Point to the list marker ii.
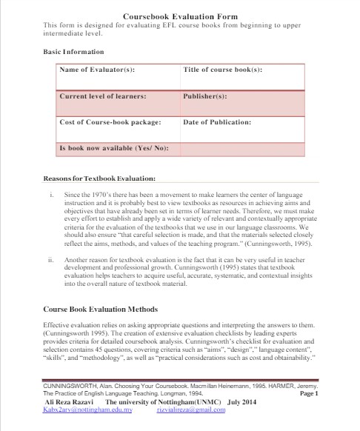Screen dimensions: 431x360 click(x=50, y=261)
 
